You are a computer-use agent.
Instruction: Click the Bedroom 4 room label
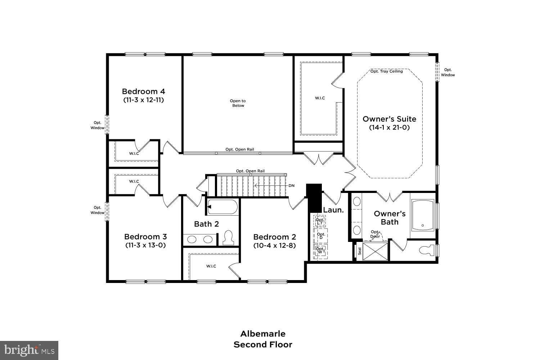[143, 91]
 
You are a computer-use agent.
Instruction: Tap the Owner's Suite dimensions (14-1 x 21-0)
[389, 127]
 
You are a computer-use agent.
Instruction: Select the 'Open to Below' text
[238, 103]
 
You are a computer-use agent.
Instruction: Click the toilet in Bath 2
[228, 238]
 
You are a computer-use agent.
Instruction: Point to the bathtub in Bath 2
[222, 207]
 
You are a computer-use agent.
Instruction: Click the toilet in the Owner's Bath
[426, 251]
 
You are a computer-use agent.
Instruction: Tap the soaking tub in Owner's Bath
[423, 215]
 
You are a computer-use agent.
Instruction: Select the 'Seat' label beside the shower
[359, 251]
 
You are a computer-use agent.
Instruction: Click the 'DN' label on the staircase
[291, 186]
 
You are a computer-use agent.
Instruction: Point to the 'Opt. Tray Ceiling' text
[386, 71]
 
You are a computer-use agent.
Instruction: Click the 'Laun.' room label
[333, 210]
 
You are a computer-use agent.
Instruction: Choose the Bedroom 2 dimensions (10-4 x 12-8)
[274, 246]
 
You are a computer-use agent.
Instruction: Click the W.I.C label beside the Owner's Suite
[320, 98]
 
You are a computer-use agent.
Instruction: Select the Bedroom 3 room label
[145, 237]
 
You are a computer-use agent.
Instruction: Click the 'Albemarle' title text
[263, 333]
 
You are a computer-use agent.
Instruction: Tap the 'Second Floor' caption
[263, 345]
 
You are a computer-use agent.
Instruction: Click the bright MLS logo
[29, 350]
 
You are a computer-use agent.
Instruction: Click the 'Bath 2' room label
[206, 224]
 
